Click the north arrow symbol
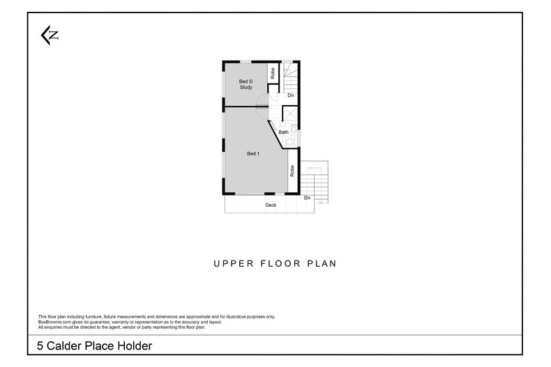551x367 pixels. point(49,36)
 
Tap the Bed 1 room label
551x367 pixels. point(253,153)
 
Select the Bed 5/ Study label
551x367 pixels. point(246,85)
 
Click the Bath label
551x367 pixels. point(283,132)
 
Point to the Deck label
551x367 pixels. point(271,205)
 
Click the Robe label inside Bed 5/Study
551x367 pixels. point(273,72)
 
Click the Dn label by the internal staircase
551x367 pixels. point(290,95)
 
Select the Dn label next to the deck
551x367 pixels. point(307,198)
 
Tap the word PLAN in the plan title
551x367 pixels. point(322,264)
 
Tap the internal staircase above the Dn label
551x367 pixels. point(290,75)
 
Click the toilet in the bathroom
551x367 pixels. point(294,129)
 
